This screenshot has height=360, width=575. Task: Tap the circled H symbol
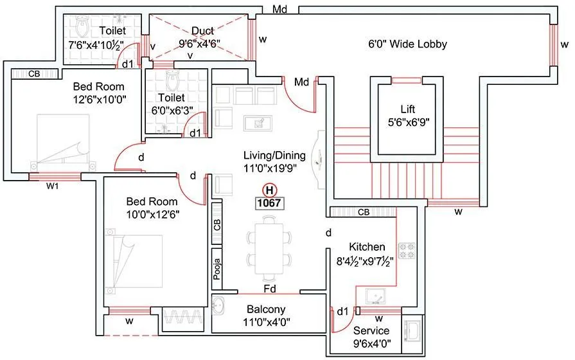click(x=270, y=190)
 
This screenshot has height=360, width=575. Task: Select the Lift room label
click(x=407, y=109)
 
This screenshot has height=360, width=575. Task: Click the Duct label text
click(x=202, y=31)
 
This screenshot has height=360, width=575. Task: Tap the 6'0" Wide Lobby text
click(x=407, y=44)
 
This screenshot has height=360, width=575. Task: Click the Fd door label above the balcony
click(x=270, y=289)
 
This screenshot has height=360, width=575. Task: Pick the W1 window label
click(x=53, y=187)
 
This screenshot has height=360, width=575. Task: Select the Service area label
click(x=371, y=330)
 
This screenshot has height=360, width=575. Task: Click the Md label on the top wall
click(x=279, y=10)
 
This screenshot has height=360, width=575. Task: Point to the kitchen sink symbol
click(x=376, y=296)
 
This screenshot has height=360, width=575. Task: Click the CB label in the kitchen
click(x=363, y=212)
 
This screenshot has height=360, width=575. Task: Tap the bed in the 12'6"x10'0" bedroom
click(x=61, y=141)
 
